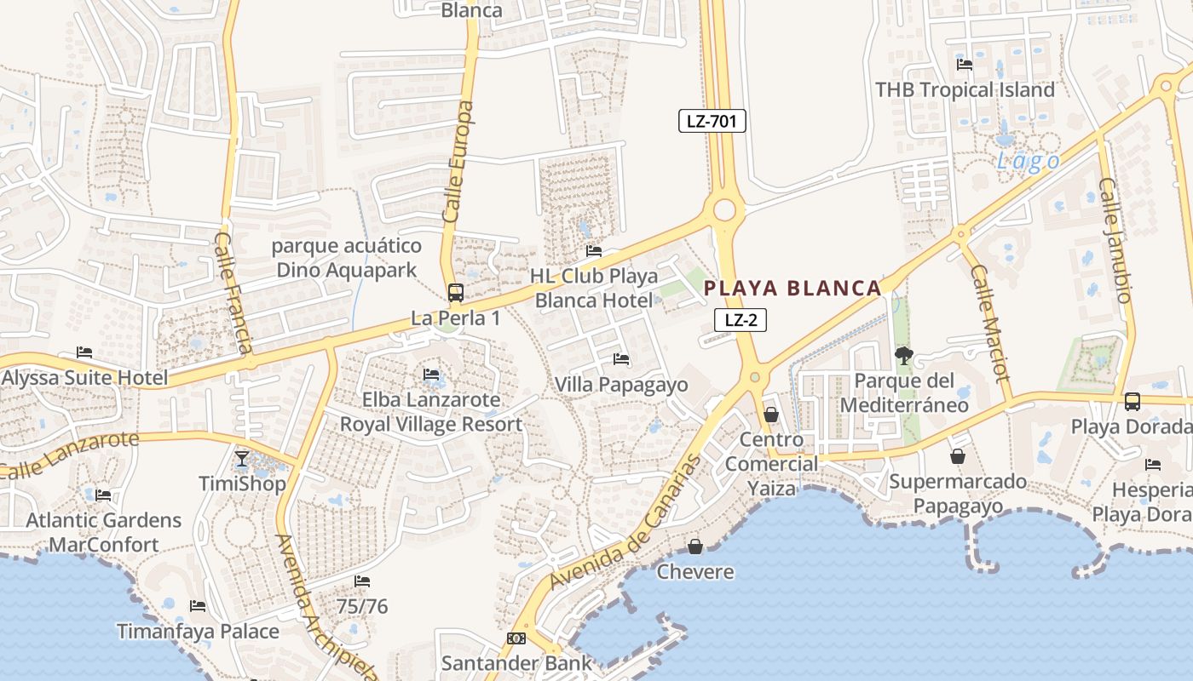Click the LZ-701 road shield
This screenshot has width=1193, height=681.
click(712, 121)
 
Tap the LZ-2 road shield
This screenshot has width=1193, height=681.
click(741, 320)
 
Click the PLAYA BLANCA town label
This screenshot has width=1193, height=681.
click(792, 289)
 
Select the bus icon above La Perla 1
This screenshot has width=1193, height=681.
click(456, 293)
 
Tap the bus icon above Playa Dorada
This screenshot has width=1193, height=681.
click(1132, 401)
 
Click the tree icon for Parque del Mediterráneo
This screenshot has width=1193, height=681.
click(903, 356)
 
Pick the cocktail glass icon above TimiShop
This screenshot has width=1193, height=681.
click(243, 459)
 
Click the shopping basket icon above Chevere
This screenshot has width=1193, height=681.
click(695, 546)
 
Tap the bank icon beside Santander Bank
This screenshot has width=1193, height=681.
click(516, 638)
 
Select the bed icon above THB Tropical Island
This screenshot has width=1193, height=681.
click(965, 65)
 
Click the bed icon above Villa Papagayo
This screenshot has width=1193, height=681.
click(621, 359)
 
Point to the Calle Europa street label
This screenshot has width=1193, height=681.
click(458, 163)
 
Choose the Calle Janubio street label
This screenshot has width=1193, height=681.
click(1115, 240)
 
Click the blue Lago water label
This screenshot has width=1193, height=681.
click(1029, 162)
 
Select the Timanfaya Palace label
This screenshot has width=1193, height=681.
click(198, 632)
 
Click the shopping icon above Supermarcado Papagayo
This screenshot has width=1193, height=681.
click(958, 456)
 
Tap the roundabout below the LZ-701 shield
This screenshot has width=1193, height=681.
click(725, 209)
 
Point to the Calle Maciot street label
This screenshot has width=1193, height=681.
click(990, 323)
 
